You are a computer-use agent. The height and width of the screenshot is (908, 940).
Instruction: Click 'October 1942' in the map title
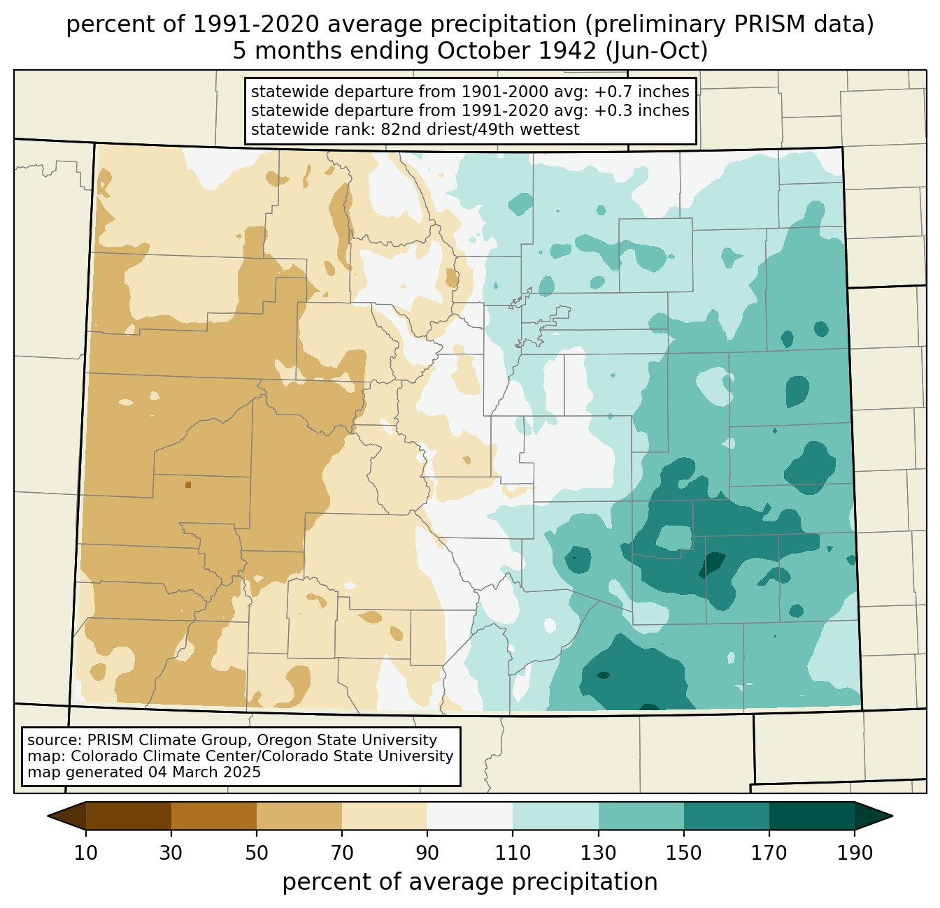[517, 51]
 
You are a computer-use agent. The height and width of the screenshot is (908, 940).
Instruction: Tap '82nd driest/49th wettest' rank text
[480, 129]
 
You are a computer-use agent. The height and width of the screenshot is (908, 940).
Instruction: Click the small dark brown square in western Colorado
[188, 484]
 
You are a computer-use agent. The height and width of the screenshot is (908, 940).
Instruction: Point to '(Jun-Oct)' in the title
[657, 51]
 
